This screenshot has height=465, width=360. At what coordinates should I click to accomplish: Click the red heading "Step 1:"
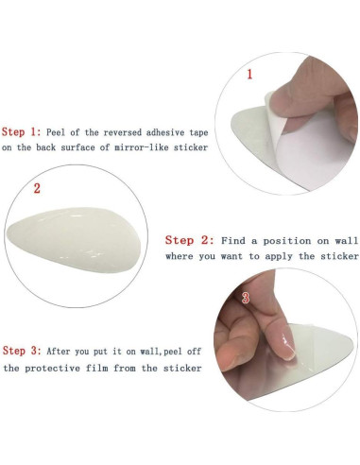[x=22, y=132]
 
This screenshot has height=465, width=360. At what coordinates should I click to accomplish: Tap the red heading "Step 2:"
[x=190, y=240]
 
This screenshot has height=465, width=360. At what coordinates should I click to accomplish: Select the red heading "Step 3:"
[x=22, y=351]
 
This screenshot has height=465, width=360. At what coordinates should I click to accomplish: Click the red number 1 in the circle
[x=249, y=75]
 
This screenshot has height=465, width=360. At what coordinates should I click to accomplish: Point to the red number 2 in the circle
[x=37, y=188]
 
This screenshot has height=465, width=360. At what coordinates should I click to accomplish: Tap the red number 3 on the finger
[x=246, y=298]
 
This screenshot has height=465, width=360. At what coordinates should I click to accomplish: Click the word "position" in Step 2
[x=287, y=241]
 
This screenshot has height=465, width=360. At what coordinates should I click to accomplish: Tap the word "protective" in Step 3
[x=52, y=368]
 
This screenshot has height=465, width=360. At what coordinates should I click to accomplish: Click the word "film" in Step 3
[x=96, y=368]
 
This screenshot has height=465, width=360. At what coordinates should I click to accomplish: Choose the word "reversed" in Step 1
[x=123, y=132]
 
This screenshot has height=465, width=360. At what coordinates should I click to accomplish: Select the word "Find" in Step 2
[x=233, y=241]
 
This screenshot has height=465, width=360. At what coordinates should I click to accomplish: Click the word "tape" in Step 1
[x=198, y=132]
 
